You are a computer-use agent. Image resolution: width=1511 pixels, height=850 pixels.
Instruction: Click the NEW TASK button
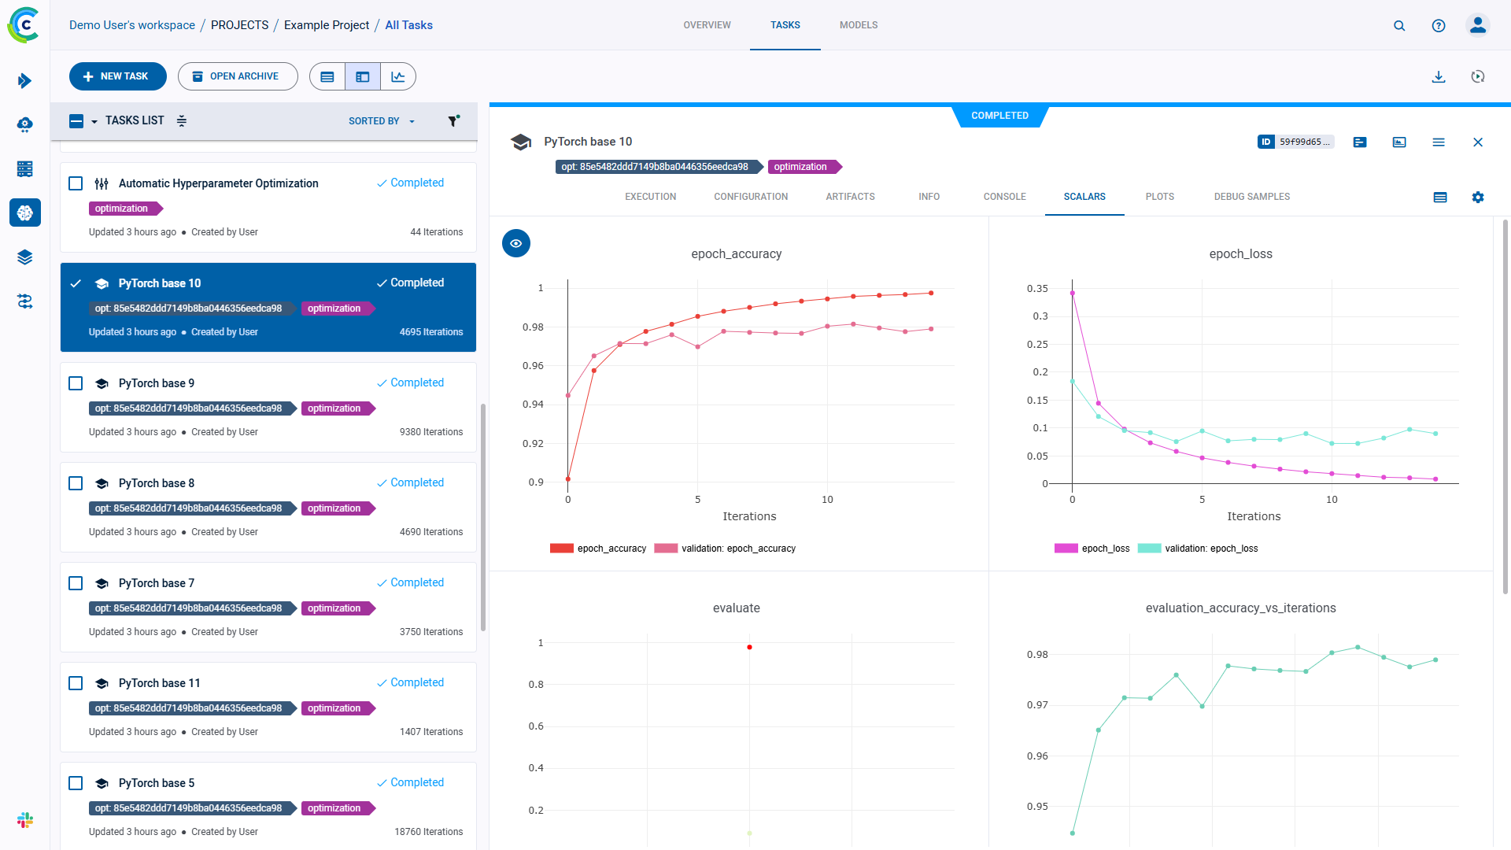[x=117, y=76]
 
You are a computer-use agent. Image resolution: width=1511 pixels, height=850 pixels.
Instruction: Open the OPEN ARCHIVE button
[x=237, y=76]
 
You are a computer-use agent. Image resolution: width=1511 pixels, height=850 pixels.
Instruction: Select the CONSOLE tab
[x=1004, y=197]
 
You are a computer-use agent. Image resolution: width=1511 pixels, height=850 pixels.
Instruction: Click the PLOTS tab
[x=1159, y=197]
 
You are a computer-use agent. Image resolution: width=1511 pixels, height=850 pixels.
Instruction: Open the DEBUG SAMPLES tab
[x=1251, y=197]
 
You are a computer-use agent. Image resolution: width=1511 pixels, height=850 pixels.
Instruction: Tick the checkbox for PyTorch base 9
[x=76, y=383]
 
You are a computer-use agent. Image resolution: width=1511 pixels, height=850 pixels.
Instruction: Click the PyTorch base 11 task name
[x=159, y=683]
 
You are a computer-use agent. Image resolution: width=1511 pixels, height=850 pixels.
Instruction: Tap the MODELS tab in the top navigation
[x=858, y=25]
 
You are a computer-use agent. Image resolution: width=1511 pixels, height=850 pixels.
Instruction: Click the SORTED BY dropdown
[x=381, y=121]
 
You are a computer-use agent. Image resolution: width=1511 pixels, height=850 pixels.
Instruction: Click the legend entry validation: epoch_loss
[x=1210, y=549]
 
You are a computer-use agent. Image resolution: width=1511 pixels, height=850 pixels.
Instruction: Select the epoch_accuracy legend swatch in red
[x=562, y=549]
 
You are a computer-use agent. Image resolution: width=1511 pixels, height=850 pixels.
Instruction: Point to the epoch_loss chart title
[x=1240, y=253]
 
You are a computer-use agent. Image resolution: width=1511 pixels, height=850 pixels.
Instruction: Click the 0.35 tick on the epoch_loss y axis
[x=1036, y=289]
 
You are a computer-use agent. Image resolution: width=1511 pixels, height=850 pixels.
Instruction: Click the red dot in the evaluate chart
[x=749, y=647]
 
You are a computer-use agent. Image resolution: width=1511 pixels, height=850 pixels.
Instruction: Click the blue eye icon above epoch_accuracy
[x=515, y=243]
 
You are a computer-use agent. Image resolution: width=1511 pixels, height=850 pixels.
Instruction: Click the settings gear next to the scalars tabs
[x=1477, y=198]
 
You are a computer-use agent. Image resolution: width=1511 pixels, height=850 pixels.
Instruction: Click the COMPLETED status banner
[x=999, y=116]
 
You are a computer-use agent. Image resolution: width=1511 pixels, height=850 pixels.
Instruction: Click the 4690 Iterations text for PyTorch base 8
[x=430, y=532]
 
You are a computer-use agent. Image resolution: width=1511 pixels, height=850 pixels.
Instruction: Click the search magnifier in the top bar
[x=1398, y=25]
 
